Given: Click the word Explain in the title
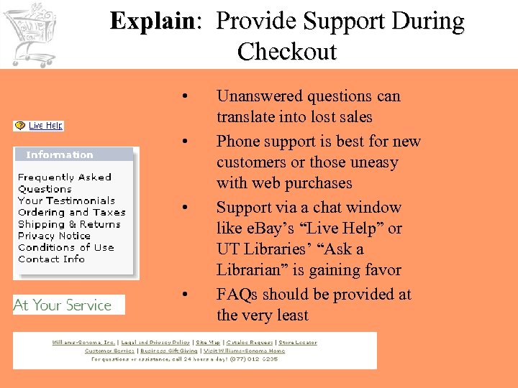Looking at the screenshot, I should tap(152, 22).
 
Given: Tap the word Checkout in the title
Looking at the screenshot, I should tap(286, 52).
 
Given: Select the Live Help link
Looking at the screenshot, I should tap(45, 126).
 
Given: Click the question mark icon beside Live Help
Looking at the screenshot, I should tap(20, 126).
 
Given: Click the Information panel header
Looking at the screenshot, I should tap(60, 154).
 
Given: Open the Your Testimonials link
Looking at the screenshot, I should tap(66, 200).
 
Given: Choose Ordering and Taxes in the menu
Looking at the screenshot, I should tap(71, 212).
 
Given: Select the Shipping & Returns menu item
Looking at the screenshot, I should tap(69, 224).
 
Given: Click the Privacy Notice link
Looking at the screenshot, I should tap(54, 236).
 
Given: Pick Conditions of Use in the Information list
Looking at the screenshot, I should tap(65, 247).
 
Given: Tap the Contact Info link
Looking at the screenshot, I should tap(51, 259).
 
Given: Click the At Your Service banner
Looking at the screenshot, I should tap(63, 305).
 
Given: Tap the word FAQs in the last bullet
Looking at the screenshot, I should tap(237, 295).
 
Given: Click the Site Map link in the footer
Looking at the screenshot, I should tap(208, 343).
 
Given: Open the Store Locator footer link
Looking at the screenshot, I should tap(297, 343).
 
